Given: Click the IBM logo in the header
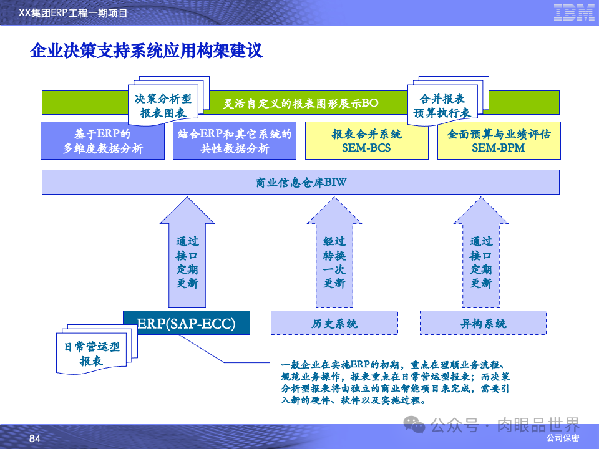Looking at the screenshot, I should pyautogui.click(x=573, y=12).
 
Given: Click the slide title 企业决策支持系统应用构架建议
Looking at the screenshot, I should pyautogui.click(x=147, y=51).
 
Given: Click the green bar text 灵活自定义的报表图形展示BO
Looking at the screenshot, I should pyautogui.click(x=301, y=103).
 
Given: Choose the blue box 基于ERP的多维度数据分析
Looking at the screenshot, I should pyautogui.click(x=103, y=141).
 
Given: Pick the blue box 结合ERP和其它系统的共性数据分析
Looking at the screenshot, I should pyautogui.click(x=235, y=141).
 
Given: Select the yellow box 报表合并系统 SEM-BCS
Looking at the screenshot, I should pyautogui.click(x=367, y=141).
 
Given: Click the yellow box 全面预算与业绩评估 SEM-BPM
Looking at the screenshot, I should pyautogui.click(x=499, y=141).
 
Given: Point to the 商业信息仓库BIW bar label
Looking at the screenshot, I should pyautogui.click(x=301, y=182).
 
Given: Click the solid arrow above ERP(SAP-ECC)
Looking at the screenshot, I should pyautogui.click(x=187, y=256).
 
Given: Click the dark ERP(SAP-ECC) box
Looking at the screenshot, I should pyautogui.click(x=187, y=323).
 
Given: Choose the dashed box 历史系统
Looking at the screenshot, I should pyautogui.click(x=334, y=324).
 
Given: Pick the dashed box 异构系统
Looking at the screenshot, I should pyautogui.click(x=483, y=324).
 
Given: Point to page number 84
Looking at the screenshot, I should pyautogui.click(x=35, y=439).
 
